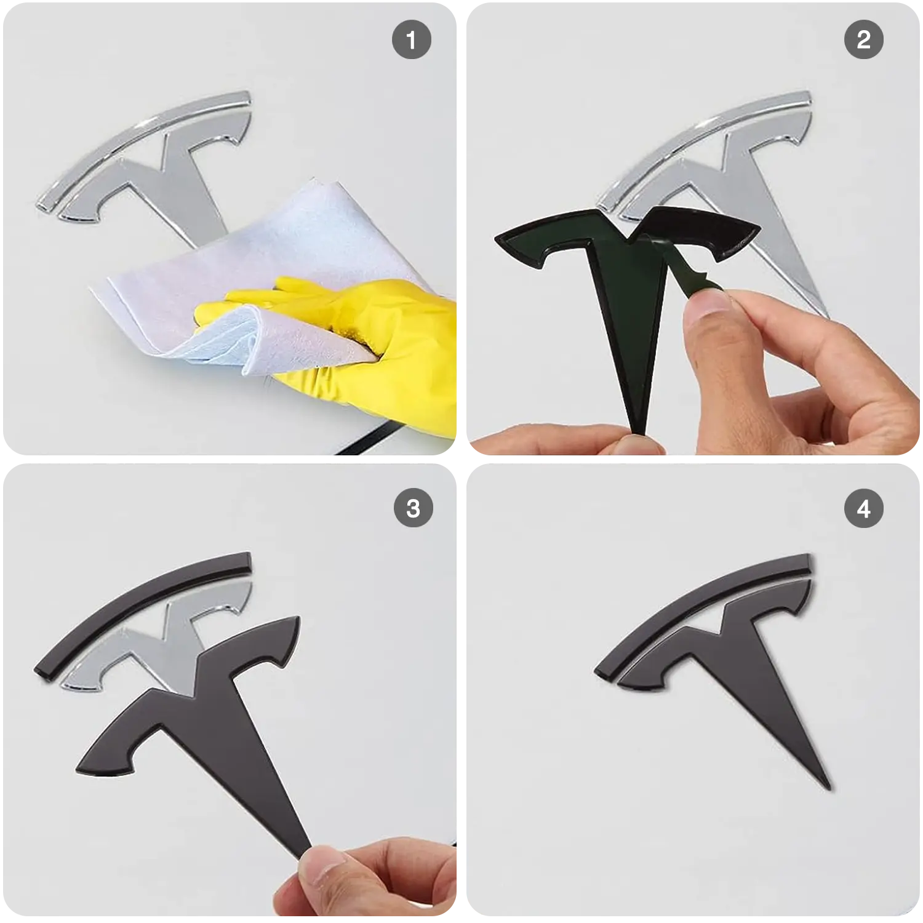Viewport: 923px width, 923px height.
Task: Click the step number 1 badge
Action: pos(411,41)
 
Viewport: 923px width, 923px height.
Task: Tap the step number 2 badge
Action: pos(863,41)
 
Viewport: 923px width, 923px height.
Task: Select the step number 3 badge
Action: pos(413,509)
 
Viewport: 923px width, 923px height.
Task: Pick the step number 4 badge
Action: pos(863,509)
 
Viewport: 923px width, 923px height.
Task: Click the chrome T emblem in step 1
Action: pos(178,178)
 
